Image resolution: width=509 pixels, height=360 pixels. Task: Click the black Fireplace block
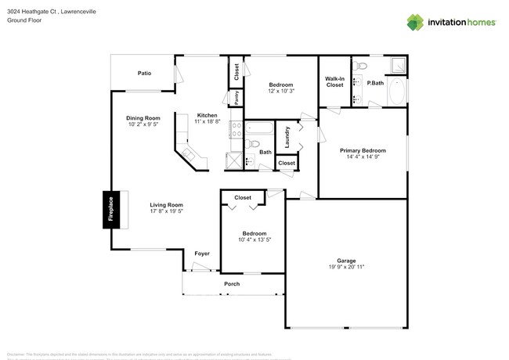(x=110, y=210)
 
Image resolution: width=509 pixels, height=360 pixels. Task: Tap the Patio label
(x=144, y=73)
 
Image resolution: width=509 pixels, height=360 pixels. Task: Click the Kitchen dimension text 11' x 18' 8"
(x=207, y=121)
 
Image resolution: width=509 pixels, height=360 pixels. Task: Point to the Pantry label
(x=236, y=97)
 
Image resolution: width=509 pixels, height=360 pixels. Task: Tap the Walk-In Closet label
(x=334, y=81)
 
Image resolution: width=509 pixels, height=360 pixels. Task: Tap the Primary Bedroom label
(x=362, y=150)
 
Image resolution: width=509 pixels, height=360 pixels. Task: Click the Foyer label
(x=201, y=254)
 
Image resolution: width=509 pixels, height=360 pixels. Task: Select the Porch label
(x=232, y=283)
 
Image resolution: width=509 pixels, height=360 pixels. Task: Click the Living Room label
(x=166, y=205)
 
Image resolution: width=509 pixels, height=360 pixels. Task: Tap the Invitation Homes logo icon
(x=417, y=23)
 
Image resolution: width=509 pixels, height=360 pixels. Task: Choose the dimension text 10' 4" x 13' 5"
(x=253, y=239)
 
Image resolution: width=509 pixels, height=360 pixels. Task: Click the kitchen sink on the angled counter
(x=190, y=155)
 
